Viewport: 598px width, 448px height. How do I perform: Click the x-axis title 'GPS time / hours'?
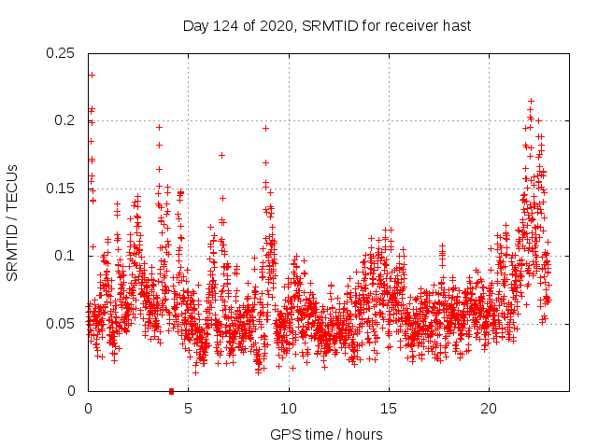326,434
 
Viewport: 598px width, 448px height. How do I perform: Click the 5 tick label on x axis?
188,408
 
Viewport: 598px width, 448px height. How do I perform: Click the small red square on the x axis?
171,391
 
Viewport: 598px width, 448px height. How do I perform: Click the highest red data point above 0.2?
92,75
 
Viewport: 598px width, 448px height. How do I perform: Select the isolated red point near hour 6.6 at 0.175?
221,155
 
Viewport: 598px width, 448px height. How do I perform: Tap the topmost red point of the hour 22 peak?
531,101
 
